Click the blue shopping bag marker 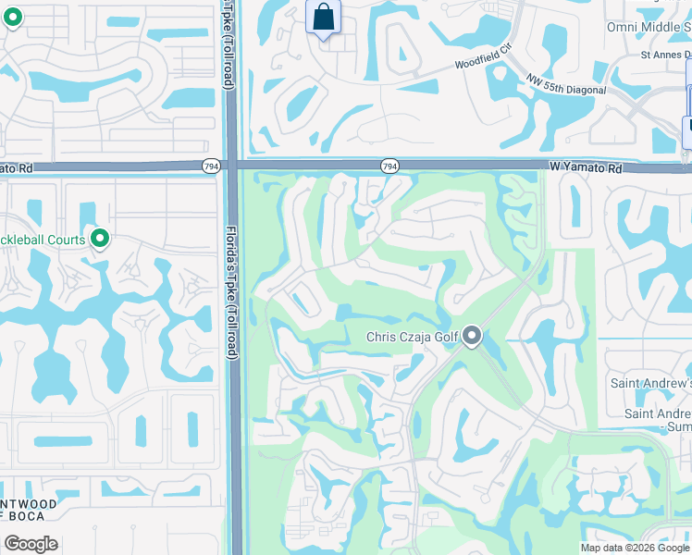point(323,17)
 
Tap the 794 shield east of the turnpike point(389,166)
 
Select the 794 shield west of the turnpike point(212,166)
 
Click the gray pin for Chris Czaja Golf point(472,336)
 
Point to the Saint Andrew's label point(649,383)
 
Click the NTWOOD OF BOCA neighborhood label point(29,510)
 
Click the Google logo point(31,544)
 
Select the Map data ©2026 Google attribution point(635,548)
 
